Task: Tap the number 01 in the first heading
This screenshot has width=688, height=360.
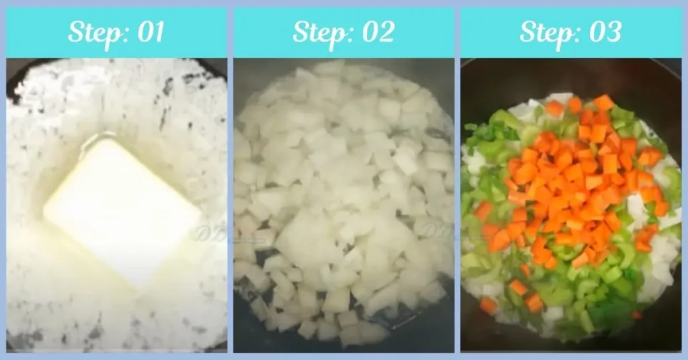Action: pyautogui.click(x=150, y=32)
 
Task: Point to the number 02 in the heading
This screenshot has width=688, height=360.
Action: pyautogui.click(x=377, y=32)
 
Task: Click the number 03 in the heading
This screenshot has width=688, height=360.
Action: pyautogui.click(x=604, y=32)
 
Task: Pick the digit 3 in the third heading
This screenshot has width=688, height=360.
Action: pyautogui.click(x=613, y=32)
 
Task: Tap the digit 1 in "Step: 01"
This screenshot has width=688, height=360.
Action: pyautogui.click(x=159, y=32)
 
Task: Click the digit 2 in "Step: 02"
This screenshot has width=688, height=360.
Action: pyautogui.click(x=386, y=32)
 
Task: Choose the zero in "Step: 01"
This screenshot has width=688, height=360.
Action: pyautogui.click(x=142, y=32)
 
